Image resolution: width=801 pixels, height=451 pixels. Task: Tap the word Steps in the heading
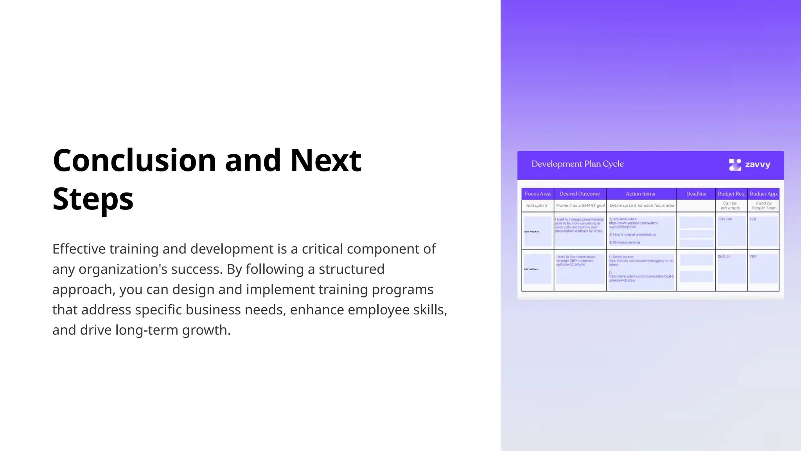(93, 199)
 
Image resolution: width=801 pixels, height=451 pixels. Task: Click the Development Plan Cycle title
(577, 164)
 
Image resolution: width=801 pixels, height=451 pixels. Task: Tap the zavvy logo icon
(735, 165)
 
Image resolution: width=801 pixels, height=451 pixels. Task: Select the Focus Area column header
(537, 194)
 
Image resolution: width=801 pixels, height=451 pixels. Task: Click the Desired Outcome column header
(579, 194)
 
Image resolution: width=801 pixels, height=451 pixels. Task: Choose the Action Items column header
(640, 194)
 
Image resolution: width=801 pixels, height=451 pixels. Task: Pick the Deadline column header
(696, 194)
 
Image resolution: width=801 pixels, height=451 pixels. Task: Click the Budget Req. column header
(731, 194)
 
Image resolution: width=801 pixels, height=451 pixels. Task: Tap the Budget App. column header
(763, 194)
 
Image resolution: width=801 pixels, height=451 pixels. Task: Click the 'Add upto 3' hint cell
(537, 206)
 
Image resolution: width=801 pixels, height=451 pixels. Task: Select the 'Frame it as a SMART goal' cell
(580, 206)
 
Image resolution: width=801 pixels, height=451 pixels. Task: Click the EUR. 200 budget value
(725, 219)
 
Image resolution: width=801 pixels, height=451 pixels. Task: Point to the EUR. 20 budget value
(724, 257)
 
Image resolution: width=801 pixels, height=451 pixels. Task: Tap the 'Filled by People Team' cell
(763, 206)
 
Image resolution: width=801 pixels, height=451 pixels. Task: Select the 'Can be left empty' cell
(730, 206)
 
